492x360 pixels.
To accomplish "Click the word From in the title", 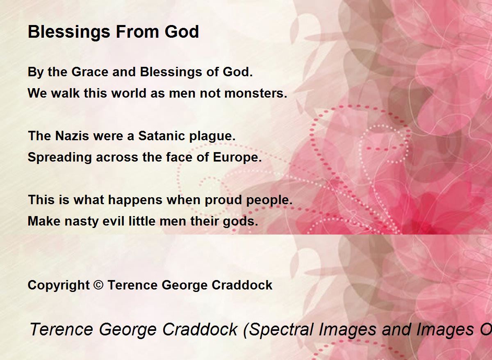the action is [137, 32].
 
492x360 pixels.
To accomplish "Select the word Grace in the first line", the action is [90, 72].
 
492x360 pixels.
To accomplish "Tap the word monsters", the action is [256, 93].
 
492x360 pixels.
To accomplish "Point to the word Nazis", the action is [72, 136].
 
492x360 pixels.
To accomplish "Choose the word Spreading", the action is [60, 158].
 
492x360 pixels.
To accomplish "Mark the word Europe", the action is [237, 158].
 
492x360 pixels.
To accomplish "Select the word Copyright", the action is [59, 285].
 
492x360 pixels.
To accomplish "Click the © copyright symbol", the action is [98, 285].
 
